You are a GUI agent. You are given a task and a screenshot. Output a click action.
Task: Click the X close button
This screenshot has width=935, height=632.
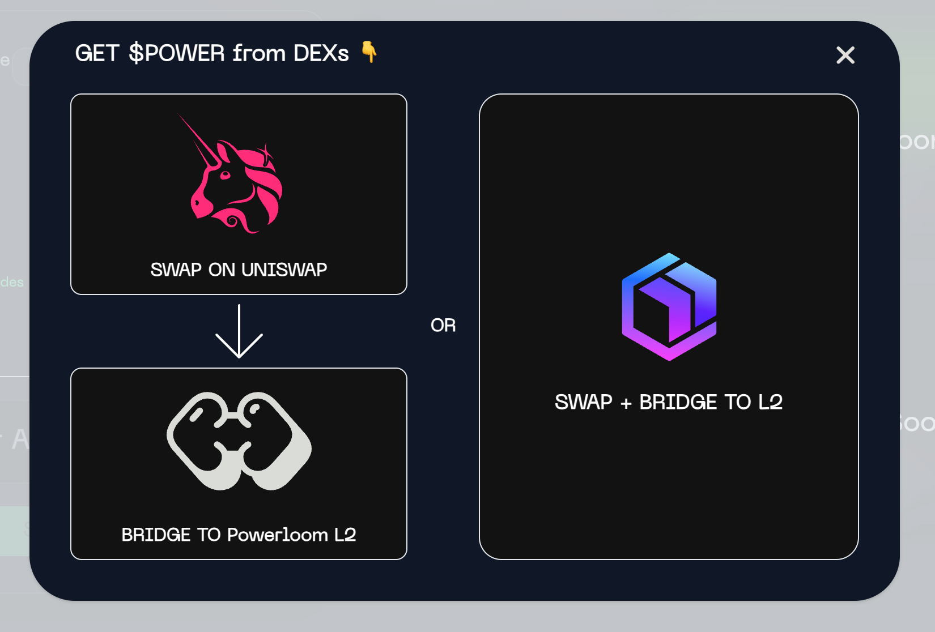[845, 55]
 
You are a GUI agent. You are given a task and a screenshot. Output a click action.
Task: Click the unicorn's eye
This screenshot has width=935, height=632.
[225, 175]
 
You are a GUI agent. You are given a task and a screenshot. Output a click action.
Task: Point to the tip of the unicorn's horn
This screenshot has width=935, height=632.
[181, 117]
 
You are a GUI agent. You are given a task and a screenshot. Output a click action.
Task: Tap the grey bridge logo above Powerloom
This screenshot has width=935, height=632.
[239, 441]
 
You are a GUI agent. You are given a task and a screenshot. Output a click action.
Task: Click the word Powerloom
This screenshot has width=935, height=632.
[278, 535]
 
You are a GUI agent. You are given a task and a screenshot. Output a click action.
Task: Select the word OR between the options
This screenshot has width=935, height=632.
[443, 325]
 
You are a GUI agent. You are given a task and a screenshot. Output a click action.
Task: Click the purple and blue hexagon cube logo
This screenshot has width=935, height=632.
[669, 306]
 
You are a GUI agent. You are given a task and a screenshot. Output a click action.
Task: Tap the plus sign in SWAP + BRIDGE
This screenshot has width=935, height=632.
[626, 403]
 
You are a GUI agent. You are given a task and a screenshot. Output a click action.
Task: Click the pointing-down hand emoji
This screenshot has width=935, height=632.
[369, 52]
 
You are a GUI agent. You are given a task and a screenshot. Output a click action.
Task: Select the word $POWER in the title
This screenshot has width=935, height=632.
[177, 53]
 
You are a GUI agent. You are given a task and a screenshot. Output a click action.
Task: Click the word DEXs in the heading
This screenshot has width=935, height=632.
[321, 53]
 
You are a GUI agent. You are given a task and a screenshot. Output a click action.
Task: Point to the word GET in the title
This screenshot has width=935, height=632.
[97, 53]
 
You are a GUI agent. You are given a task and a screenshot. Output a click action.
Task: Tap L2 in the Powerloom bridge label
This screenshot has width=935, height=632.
[345, 535]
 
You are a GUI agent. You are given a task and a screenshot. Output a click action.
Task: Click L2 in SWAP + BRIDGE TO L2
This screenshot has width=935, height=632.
[770, 402]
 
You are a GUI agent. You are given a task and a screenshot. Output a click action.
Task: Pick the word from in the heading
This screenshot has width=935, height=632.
[259, 53]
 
